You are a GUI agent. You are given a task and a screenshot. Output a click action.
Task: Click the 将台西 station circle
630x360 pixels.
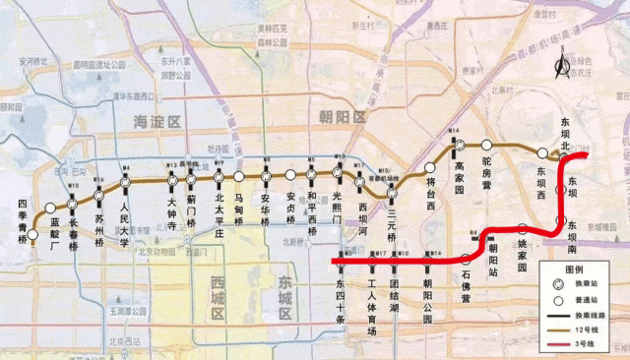(x=430, y=167)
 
